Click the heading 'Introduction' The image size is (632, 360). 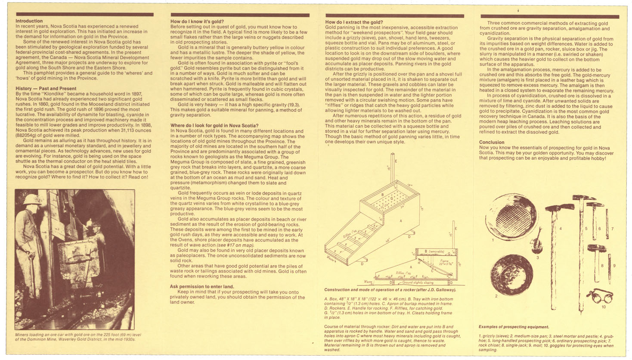click(29, 21)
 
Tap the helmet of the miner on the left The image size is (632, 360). click(31, 199)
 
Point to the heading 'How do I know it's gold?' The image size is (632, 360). click(197, 21)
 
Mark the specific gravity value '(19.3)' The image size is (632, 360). click(292, 105)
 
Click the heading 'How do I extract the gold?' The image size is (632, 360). click(354, 22)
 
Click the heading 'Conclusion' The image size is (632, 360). click(491, 142)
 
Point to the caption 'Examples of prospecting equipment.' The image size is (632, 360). click(514, 327)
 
